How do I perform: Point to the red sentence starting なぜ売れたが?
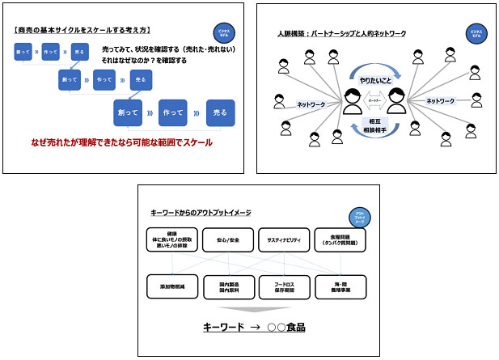click(x=121, y=142)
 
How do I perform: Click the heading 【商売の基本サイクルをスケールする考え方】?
click(x=84, y=31)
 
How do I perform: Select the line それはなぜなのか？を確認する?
click(x=153, y=61)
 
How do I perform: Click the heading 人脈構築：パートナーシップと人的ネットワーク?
click(x=340, y=34)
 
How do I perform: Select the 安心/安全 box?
click(x=228, y=239)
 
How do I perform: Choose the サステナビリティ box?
click(x=284, y=239)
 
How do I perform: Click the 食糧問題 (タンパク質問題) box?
click(x=340, y=239)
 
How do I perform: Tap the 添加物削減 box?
click(x=172, y=287)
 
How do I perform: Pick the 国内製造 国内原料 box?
click(x=228, y=287)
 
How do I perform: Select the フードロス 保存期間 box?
click(x=284, y=287)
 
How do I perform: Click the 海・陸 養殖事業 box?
click(x=340, y=287)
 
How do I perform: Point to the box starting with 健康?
click(x=172, y=239)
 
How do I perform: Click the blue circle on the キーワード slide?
click(x=358, y=218)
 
